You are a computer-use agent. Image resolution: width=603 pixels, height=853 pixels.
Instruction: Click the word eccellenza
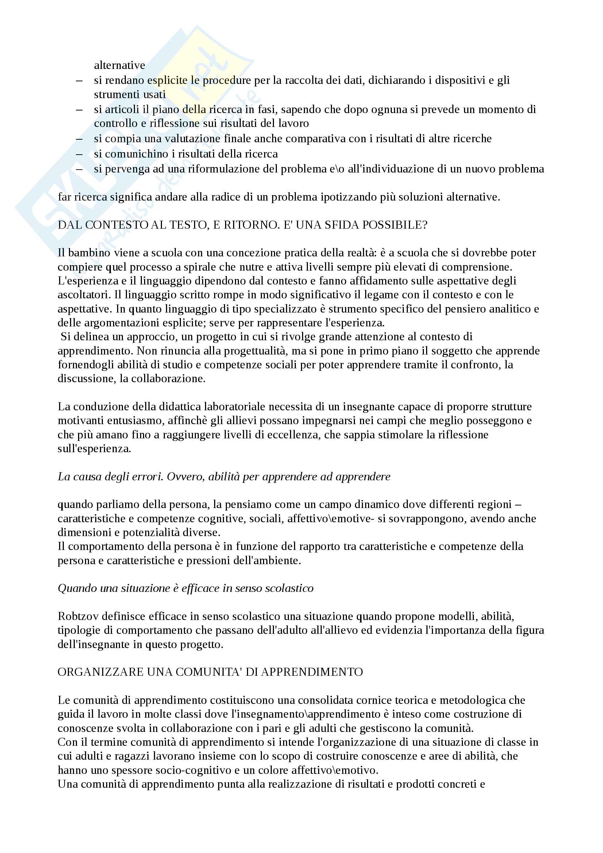coord(293,434)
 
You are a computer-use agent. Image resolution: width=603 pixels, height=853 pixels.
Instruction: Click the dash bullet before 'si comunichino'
coord(79,154)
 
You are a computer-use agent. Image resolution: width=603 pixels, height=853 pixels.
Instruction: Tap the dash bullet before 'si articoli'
coord(79,109)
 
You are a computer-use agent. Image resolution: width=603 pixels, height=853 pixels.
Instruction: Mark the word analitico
coord(510,309)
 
